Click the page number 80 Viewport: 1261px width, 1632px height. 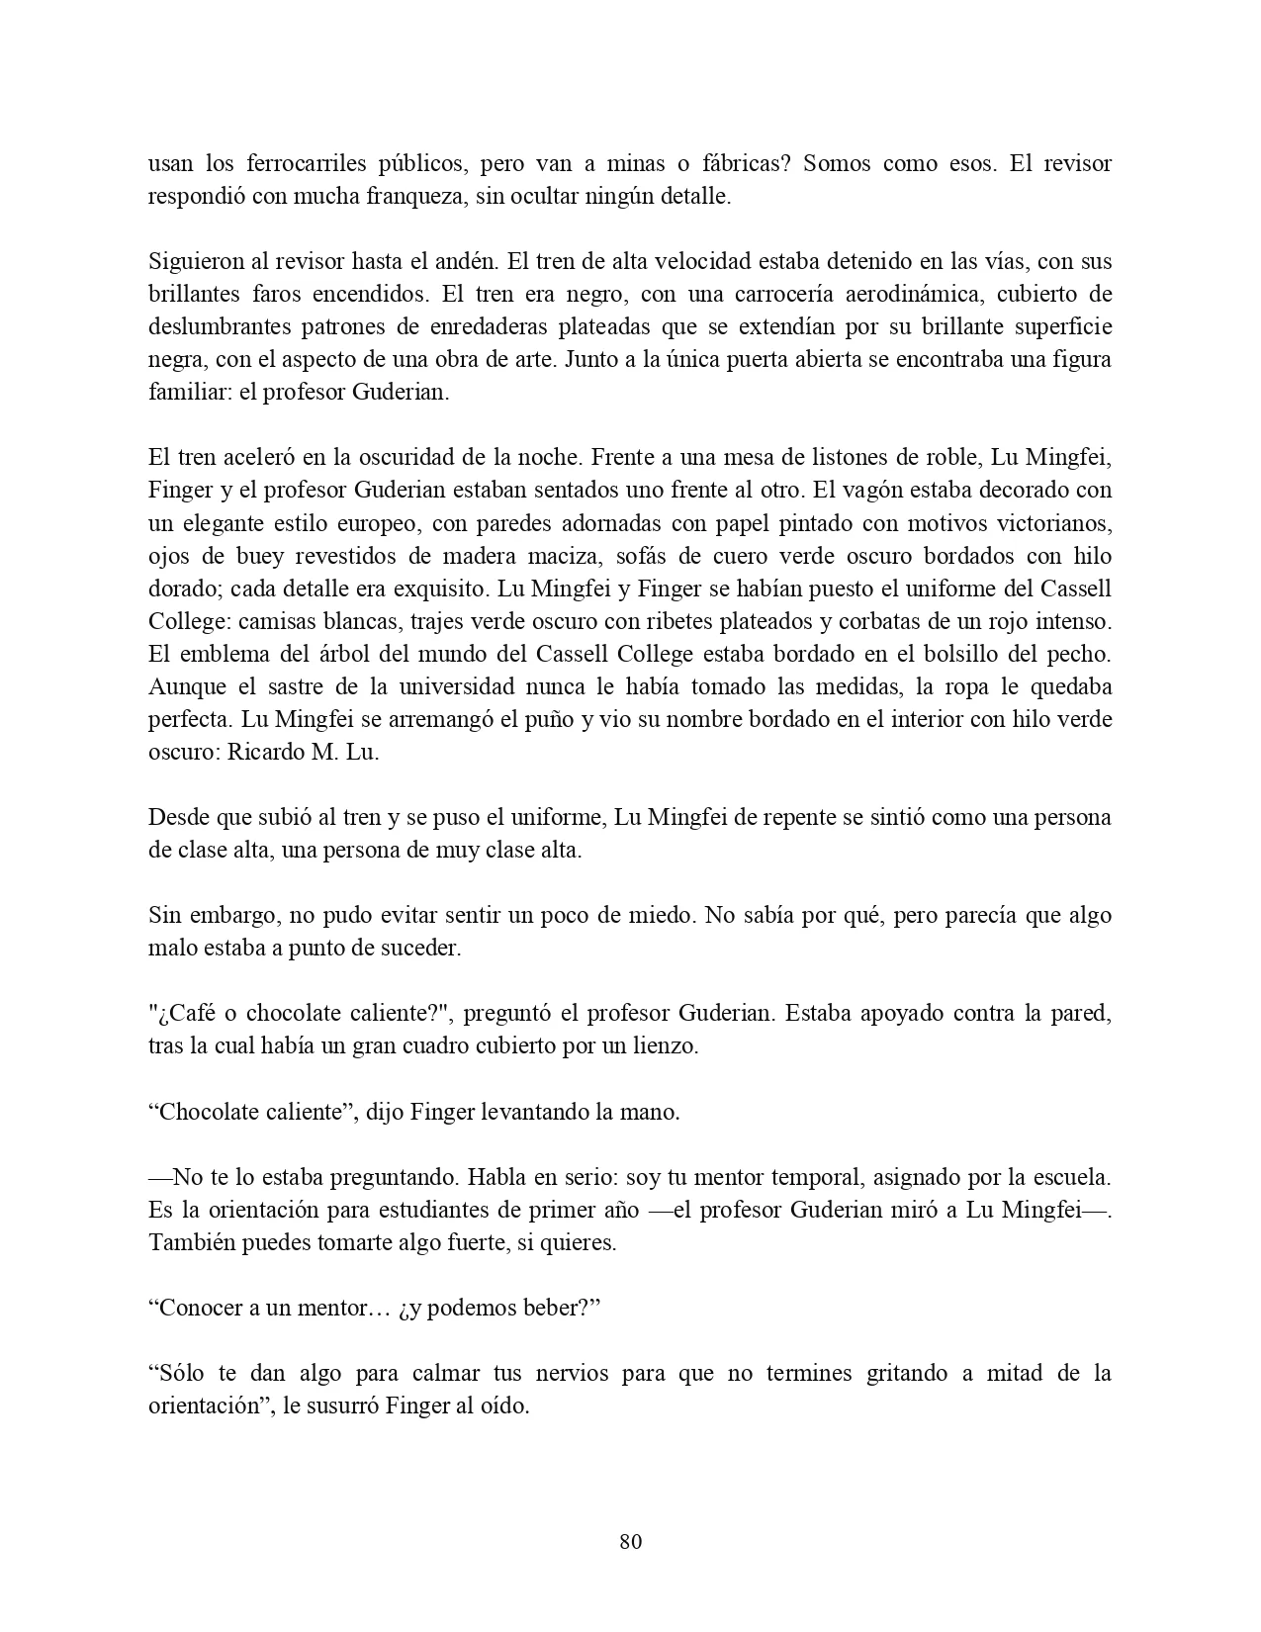[x=630, y=1541]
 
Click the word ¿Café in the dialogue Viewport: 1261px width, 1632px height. [x=184, y=1013]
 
